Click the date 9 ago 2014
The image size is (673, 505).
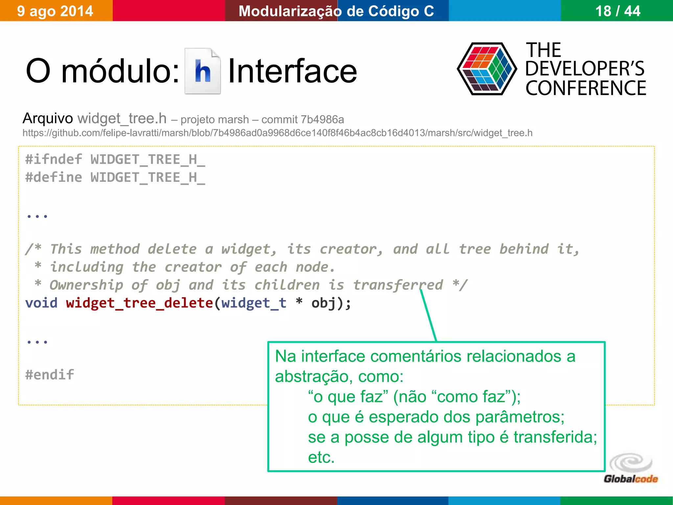(x=55, y=11)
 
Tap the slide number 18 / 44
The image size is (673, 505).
(x=617, y=11)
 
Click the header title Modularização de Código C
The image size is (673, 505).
(x=336, y=11)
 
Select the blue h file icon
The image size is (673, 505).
(x=202, y=71)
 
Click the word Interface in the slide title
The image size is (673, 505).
(x=292, y=71)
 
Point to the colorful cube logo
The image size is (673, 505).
(x=487, y=69)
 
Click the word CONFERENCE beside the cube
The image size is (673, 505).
(x=586, y=88)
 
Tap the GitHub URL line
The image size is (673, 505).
(x=277, y=133)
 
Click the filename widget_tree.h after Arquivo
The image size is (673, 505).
(x=122, y=118)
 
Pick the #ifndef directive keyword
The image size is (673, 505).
(x=54, y=159)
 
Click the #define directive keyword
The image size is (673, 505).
(x=54, y=178)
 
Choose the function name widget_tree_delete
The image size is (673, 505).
(x=139, y=303)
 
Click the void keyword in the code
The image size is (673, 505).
(x=41, y=303)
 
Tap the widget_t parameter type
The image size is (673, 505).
(x=254, y=303)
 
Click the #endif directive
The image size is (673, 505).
(x=50, y=374)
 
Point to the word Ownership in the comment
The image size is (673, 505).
(x=86, y=285)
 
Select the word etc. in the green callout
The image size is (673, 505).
(x=321, y=457)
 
